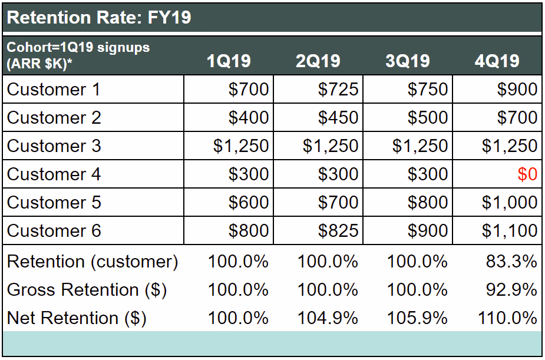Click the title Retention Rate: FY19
[99, 17]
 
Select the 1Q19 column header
[229, 61]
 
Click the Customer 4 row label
[54, 174]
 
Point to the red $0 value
[527, 174]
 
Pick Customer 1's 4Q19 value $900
[517, 90]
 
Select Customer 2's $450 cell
[338, 118]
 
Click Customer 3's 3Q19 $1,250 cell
[420, 146]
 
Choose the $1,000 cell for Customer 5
[509, 203]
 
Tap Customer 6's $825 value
[338, 231]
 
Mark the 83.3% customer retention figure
[511, 262]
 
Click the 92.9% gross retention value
[511, 290]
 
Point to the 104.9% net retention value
[328, 318]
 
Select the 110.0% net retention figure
[507, 318]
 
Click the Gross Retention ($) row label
[87, 290]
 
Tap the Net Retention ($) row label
[77, 318]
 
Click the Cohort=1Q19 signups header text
[78, 48]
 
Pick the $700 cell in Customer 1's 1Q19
[248, 90]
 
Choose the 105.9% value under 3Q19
[417, 318]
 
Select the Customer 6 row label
[54, 231]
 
